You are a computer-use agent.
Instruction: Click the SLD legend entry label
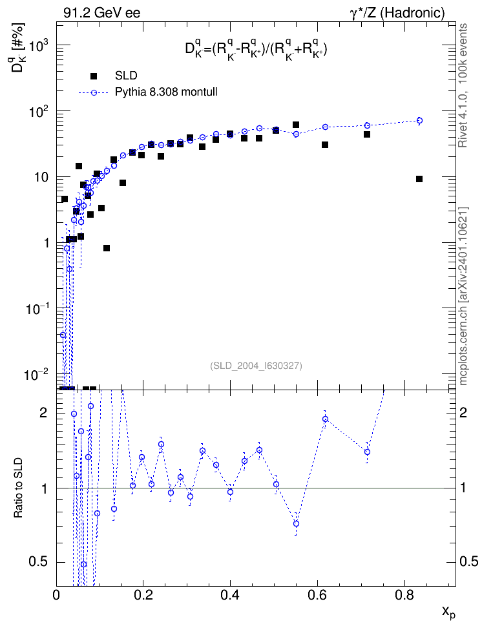coord(126,76)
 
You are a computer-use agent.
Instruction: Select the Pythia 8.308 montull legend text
coord(166,92)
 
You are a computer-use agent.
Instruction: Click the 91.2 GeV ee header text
coord(102,13)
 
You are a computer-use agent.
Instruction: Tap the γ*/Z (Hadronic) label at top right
coord(397,13)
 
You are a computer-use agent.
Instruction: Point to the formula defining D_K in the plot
coord(256,50)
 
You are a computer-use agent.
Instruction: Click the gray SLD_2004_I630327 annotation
coord(256,366)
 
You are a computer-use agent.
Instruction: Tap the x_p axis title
coord(448,612)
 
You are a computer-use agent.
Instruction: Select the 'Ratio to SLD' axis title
coord(18,487)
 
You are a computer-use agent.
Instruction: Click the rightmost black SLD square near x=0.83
coord(419,179)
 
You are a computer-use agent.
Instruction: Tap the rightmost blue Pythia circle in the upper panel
coord(419,121)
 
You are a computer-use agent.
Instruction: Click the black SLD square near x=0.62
coord(325,145)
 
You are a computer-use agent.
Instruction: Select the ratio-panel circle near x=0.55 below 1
coord(296,524)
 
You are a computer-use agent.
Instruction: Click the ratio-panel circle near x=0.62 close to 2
coord(326,419)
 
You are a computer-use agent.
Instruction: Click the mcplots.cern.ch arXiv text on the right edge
coord(463,296)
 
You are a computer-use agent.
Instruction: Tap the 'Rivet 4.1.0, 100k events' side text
coord(463,85)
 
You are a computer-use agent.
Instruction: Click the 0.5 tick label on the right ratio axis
coord(468,561)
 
